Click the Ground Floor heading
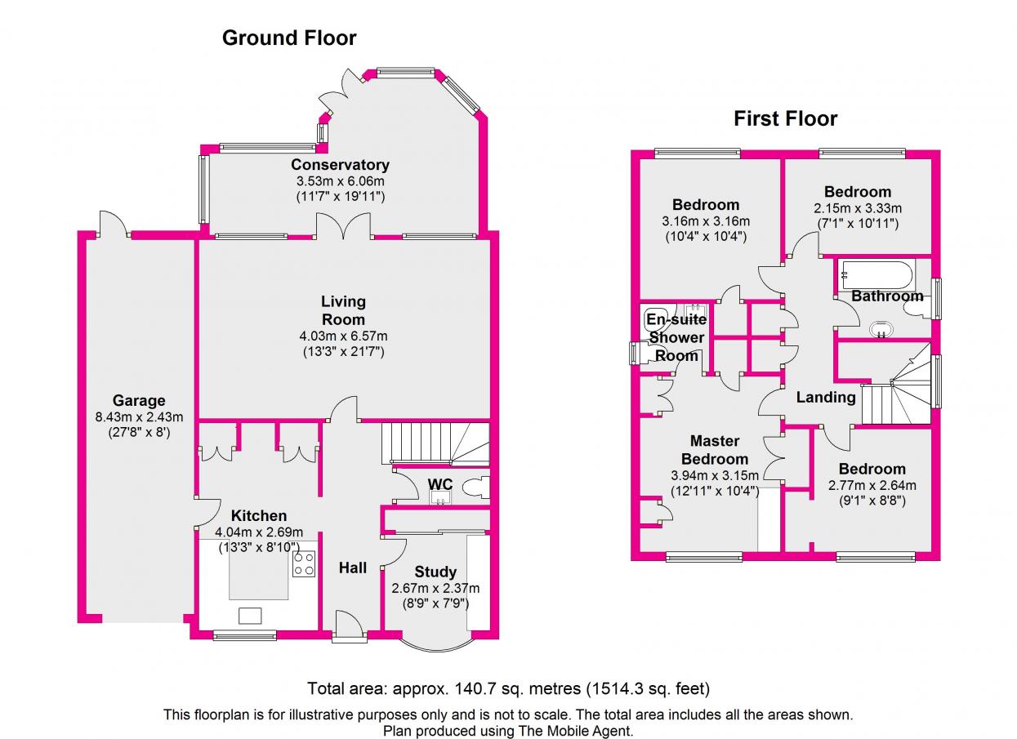(289, 38)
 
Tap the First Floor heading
(786, 119)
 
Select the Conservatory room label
(340, 164)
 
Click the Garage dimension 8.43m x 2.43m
(139, 416)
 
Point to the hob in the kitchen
(304, 563)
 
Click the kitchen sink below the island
(250, 616)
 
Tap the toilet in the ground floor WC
(475, 488)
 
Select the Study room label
(435, 572)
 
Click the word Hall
(353, 568)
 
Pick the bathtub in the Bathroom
(876, 275)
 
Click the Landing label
(826, 397)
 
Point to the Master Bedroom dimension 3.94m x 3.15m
(715, 475)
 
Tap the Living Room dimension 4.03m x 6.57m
(343, 336)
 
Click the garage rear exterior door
(114, 224)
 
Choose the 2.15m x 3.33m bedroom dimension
(858, 208)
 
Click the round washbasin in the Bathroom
(881, 329)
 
